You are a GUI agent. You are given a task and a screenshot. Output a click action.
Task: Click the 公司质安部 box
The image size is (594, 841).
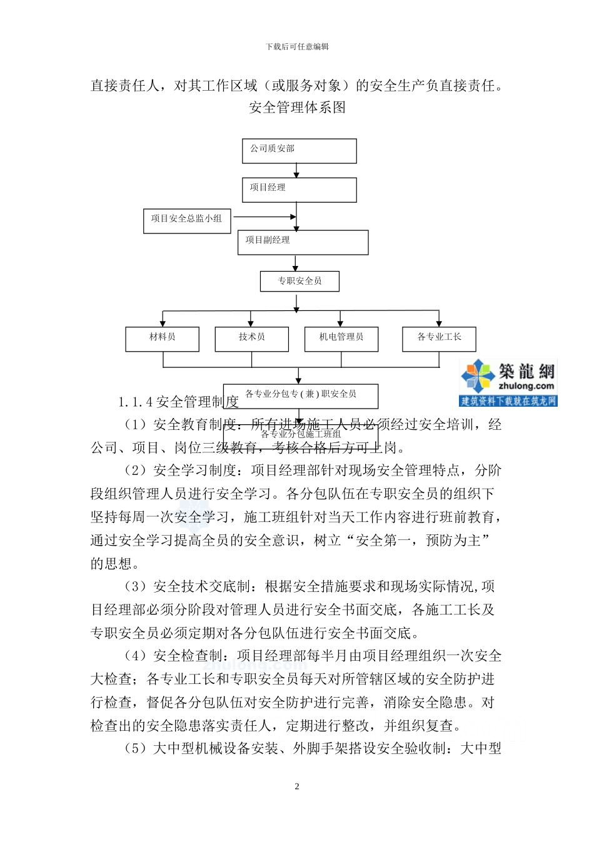click(299, 151)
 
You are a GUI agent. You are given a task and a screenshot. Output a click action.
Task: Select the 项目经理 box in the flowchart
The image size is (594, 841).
click(299, 190)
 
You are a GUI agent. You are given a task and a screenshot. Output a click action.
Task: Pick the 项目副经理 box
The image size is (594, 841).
click(303, 242)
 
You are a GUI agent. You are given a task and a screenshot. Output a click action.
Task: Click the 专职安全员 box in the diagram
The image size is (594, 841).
click(300, 281)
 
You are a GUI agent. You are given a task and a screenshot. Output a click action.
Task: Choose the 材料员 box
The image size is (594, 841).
click(162, 339)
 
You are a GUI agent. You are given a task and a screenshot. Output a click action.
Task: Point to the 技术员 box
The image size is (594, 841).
click(251, 339)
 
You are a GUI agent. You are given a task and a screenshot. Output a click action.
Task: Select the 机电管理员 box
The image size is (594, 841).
click(341, 339)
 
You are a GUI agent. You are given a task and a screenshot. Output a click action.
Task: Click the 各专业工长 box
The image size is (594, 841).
click(439, 339)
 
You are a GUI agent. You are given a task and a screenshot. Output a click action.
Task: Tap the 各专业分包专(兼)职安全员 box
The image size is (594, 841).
click(300, 395)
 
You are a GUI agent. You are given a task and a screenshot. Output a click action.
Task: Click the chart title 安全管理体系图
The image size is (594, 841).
click(297, 108)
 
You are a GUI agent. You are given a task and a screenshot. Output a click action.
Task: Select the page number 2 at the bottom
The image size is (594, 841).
click(297, 787)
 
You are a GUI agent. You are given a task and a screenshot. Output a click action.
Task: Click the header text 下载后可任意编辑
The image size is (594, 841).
click(297, 46)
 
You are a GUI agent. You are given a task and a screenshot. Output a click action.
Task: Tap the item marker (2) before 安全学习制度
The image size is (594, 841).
click(136, 471)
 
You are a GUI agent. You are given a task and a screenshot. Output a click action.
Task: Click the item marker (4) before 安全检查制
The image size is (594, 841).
click(136, 656)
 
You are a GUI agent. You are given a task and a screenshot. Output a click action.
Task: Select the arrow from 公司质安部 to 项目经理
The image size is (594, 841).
click(297, 171)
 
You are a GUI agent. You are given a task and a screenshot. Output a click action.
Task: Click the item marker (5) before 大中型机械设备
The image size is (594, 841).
click(136, 748)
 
